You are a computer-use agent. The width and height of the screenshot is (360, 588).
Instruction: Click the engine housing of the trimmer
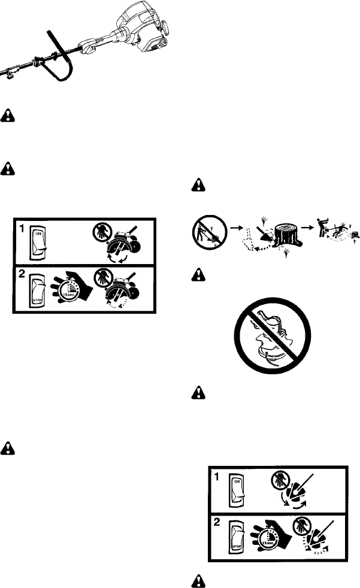click(147, 27)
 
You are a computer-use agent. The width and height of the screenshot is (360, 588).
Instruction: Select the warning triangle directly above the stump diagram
click(196, 186)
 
